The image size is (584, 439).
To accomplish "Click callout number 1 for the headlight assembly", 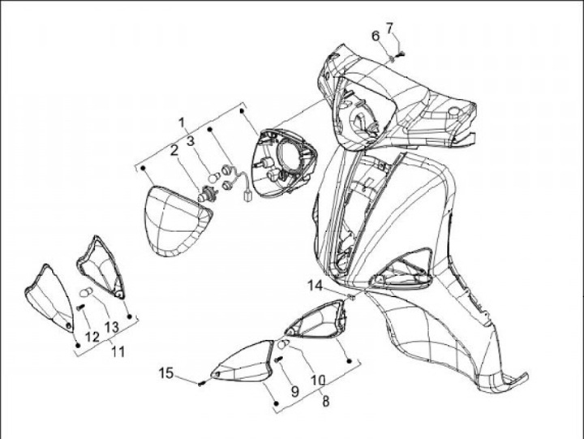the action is click(x=182, y=123).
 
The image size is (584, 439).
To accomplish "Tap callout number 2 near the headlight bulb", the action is click(x=174, y=151).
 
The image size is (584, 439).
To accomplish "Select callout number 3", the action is click(x=191, y=141).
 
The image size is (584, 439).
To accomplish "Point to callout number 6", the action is click(x=376, y=37).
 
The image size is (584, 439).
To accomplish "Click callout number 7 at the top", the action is click(x=389, y=28).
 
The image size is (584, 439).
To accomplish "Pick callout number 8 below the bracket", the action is click(x=325, y=402).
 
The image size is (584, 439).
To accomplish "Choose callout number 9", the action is click(x=294, y=391).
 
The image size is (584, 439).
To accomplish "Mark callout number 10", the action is click(x=318, y=380).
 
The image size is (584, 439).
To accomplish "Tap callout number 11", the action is click(x=118, y=351).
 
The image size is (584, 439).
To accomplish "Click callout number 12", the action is click(x=92, y=337).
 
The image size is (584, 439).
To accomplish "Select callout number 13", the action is click(x=111, y=327).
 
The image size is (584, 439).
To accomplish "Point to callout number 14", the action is click(x=315, y=286).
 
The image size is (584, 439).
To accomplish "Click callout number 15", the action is click(x=166, y=372).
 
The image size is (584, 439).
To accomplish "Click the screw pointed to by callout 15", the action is click(x=201, y=383).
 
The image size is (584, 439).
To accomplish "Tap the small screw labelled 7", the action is click(x=401, y=54).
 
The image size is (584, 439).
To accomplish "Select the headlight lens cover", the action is click(x=177, y=222).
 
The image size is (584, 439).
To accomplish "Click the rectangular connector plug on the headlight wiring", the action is click(x=247, y=196).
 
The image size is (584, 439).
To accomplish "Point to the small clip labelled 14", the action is click(x=350, y=297).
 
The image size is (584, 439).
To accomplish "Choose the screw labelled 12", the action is click(x=80, y=308).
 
